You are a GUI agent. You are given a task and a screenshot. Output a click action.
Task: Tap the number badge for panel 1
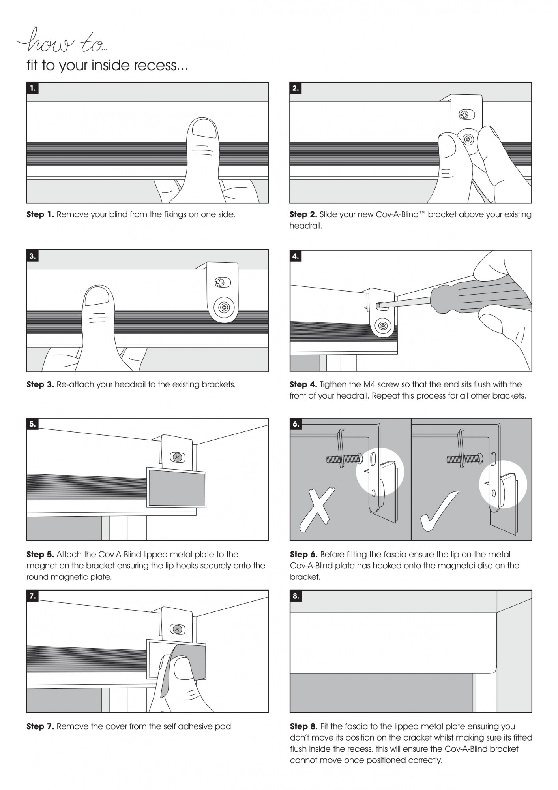click(32, 88)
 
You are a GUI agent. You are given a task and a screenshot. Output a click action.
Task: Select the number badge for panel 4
click(296, 256)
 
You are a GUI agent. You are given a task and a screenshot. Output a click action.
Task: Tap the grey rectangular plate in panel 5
click(176, 487)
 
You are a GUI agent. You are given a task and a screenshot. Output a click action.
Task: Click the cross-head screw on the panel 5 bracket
click(177, 457)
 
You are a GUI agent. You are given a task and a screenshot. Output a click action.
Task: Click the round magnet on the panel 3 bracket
click(223, 307)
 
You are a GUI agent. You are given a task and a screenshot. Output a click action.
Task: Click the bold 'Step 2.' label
click(303, 215)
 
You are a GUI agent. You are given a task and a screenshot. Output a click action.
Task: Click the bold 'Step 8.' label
click(303, 726)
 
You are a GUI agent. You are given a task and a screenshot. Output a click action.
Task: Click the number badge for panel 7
click(32, 596)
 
